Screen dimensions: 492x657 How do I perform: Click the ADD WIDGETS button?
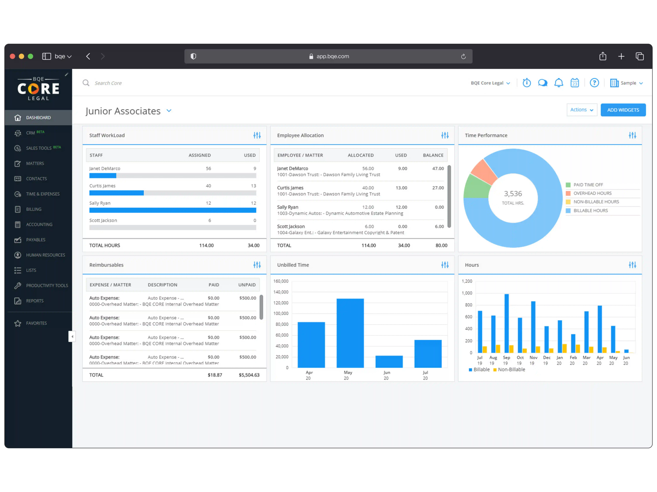click(623, 110)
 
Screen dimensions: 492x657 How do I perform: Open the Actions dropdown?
click(581, 110)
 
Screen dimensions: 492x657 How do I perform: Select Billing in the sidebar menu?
click(34, 209)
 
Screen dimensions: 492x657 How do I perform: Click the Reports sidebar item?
click(34, 301)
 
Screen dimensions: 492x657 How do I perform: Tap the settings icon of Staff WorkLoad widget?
click(257, 136)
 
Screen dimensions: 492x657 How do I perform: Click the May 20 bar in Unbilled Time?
click(350, 333)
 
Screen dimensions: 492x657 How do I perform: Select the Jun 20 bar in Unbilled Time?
click(389, 362)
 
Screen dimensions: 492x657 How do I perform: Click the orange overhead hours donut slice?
click(483, 172)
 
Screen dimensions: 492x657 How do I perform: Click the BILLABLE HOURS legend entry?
click(590, 210)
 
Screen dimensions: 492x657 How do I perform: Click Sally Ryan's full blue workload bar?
click(172, 210)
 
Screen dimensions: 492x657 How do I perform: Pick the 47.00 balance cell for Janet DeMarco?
click(438, 168)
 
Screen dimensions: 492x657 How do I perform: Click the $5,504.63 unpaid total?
click(249, 375)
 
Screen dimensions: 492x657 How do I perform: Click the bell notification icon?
click(558, 83)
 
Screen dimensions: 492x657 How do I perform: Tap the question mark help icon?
click(594, 83)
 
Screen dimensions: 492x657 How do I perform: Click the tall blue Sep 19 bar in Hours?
click(506, 323)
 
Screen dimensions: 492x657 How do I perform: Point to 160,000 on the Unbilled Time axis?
click(281, 281)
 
